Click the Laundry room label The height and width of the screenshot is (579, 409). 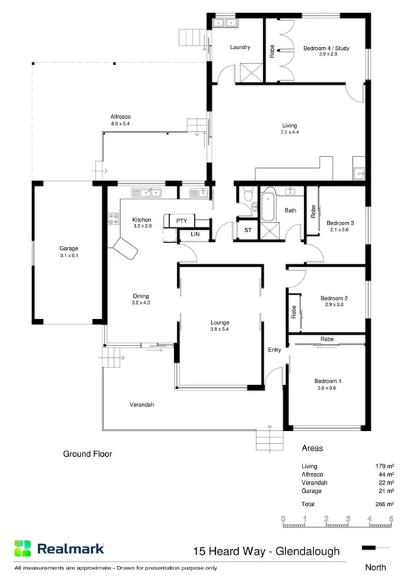[x=240, y=48]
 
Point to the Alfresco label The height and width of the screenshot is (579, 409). [x=120, y=116]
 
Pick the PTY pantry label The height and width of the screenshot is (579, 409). [x=181, y=221]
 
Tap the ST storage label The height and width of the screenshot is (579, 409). [x=247, y=231]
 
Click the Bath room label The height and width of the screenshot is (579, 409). [x=290, y=211]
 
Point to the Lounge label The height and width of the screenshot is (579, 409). [x=219, y=322]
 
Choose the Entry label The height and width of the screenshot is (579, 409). [x=274, y=350]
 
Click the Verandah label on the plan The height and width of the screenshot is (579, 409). [x=141, y=405]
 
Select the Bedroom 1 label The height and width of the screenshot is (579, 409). [x=327, y=381]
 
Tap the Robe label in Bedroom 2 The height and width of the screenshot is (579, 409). [x=294, y=311]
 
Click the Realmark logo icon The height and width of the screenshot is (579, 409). [x=23, y=548]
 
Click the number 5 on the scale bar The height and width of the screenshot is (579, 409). [x=391, y=519]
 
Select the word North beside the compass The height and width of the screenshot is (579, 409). [x=376, y=567]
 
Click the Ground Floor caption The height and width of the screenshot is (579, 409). [x=87, y=453]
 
